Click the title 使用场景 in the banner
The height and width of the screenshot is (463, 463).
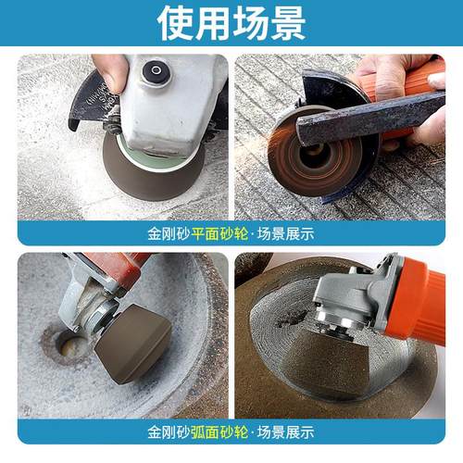pos(231,23)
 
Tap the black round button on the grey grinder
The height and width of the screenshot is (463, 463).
pos(155,70)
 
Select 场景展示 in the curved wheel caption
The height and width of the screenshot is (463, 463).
pos(288,432)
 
